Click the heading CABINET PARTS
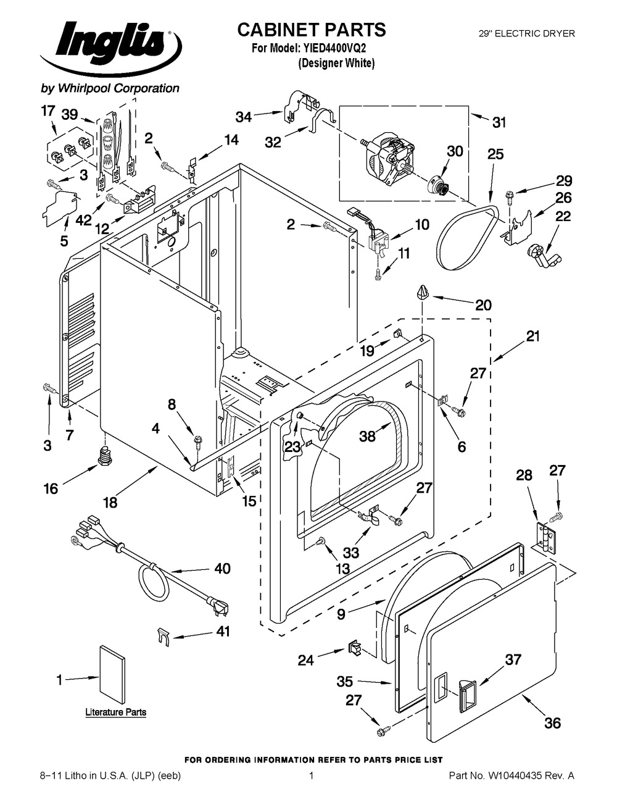312,29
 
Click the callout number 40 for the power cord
222,568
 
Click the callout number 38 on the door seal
368,436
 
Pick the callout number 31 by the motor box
499,122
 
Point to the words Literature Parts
116,712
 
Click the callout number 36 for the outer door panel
552,722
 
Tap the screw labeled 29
510,196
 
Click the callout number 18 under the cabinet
110,502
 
